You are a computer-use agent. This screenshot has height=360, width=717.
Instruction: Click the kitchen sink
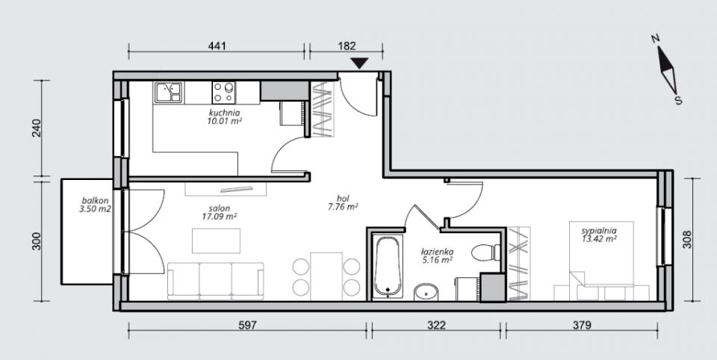pyautogui.click(x=168, y=93)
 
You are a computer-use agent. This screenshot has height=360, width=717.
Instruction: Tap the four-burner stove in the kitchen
pyautogui.click(x=223, y=93)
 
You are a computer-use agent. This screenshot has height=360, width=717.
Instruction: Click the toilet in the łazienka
pyautogui.click(x=485, y=252)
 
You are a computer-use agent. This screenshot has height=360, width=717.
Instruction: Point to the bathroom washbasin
pyautogui.click(x=426, y=292)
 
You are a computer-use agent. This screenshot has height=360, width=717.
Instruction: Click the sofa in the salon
pyautogui.click(x=215, y=281)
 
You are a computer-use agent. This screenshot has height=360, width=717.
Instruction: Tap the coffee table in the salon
pyautogui.click(x=217, y=240)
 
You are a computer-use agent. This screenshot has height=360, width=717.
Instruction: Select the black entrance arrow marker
pyautogui.click(x=359, y=63)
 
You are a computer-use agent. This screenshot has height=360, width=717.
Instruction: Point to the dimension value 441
pyautogui.click(x=217, y=46)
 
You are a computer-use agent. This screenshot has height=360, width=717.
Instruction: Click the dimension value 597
pyautogui.click(x=248, y=325)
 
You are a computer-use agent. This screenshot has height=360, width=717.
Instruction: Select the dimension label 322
pyautogui.click(x=437, y=325)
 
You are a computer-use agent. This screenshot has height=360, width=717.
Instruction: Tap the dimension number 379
pyautogui.click(x=582, y=325)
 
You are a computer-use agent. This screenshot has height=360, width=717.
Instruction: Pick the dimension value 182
pyautogui.click(x=347, y=46)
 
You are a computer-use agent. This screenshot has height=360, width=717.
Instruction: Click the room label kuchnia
pyautogui.click(x=225, y=113)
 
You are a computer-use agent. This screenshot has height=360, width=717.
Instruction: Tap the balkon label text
pyautogui.click(x=95, y=200)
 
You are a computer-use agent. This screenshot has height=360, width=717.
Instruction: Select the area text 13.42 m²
pyautogui.click(x=600, y=238)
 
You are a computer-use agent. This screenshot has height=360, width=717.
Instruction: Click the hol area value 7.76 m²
pyautogui.click(x=343, y=207)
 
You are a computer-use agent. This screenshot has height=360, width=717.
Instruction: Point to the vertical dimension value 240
pyautogui.click(x=37, y=128)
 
